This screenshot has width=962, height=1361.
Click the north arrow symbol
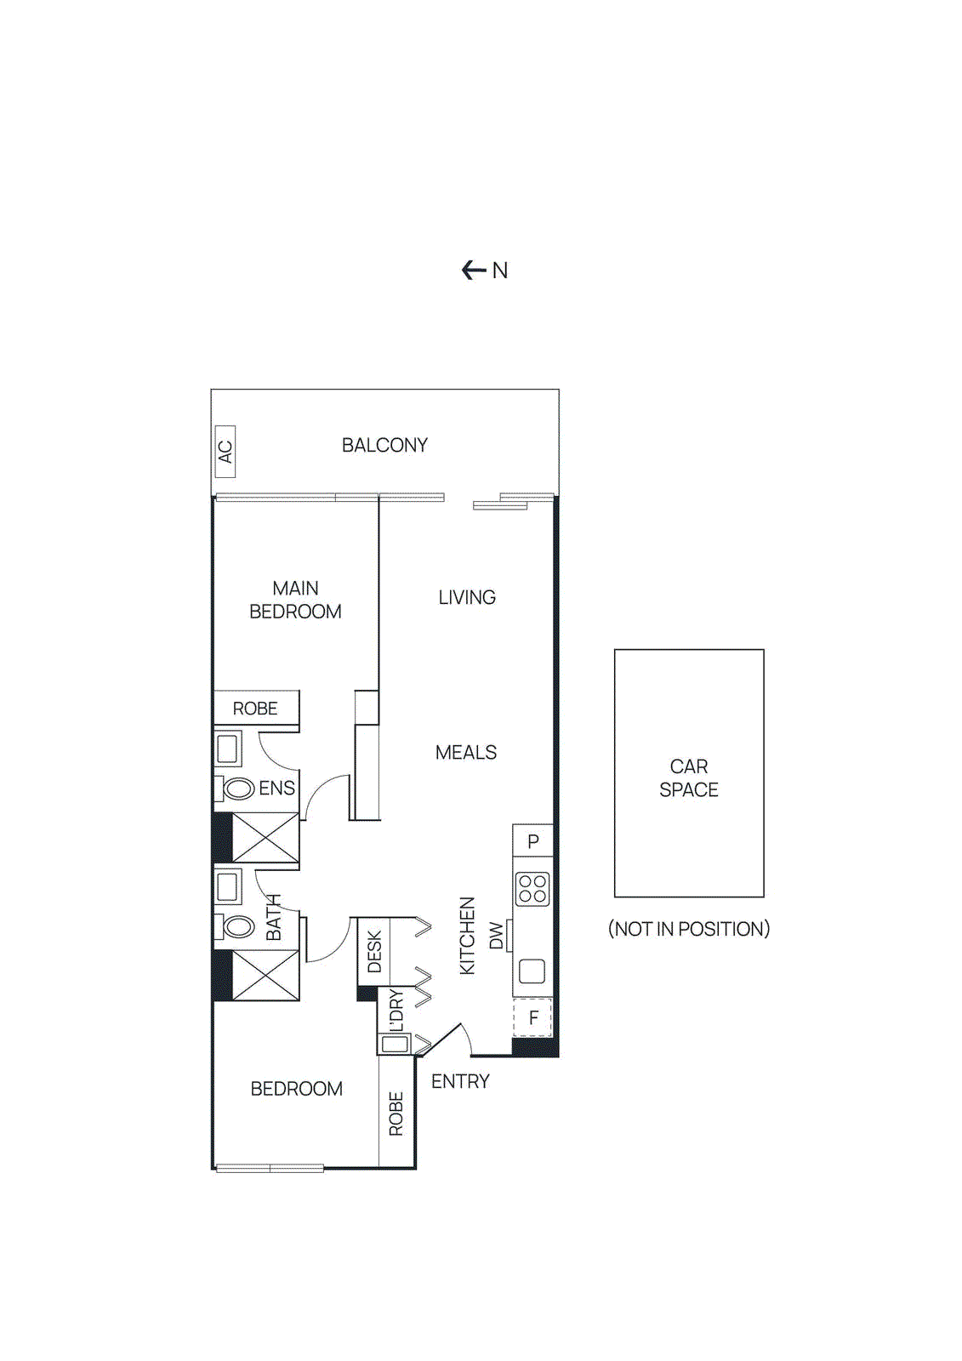pyautogui.click(x=474, y=270)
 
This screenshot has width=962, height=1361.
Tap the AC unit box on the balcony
pyautogui.click(x=225, y=451)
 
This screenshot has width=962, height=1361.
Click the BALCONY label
pyautogui.click(x=384, y=445)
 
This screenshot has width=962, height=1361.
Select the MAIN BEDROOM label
pyautogui.click(x=295, y=600)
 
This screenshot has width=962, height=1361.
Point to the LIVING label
pyautogui.click(x=467, y=597)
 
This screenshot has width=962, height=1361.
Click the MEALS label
pyautogui.click(x=465, y=752)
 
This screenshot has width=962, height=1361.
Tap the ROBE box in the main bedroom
pyautogui.click(x=256, y=708)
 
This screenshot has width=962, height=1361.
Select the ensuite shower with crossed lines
pyautogui.click(x=265, y=837)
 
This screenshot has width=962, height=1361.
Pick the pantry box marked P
pyautogui.click(x=533, y=840)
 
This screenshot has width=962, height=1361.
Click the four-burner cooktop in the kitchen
pyautogui.click(x=532, y=889)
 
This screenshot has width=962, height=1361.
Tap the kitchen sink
pyautogui.click(x=532, y=971)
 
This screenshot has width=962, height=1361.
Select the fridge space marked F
pyautogui.click(x=533, y=1017)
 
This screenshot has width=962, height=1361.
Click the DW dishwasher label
pyautogui.click(x=496, y=936)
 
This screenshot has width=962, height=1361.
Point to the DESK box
pyautogui.click(x=373, y=951)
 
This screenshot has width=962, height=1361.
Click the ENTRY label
pyautogui.click(x=460, y=1081)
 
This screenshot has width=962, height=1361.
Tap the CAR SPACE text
pyautogui.click(x=688, y=777)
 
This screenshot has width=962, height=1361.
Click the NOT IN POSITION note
pyautogui.click(x=688, y=929)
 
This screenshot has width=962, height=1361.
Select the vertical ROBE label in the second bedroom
pyautogui.click(x=396, y=1113)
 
